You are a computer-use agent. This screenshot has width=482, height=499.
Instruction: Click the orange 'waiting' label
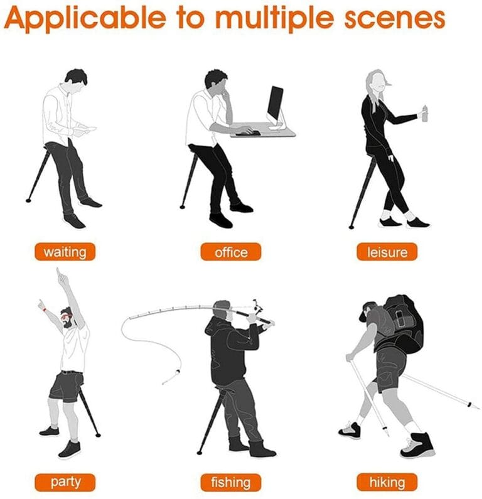click(x=65, y=252)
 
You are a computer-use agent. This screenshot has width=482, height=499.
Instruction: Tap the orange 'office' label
click(x=231, y=252)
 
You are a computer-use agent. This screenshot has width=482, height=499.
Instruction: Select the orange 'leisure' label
click(x=387, y=252)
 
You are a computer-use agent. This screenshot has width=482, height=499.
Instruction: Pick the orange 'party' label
click(x=65, y=482)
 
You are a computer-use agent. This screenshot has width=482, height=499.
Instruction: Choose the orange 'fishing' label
click(x=231, y=482)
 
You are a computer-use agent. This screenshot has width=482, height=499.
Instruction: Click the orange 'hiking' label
click(x=387, y=482)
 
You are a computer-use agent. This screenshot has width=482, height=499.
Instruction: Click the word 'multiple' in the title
click(x=274, y=18)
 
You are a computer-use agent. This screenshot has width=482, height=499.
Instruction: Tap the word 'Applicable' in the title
click(x=85, y=18)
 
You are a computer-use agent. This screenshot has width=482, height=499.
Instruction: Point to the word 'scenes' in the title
click(x=395, y=19)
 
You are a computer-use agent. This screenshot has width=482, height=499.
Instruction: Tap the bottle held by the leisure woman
click(x=424, y=113)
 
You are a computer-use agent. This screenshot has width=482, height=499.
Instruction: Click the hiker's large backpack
click(x=404, y=325)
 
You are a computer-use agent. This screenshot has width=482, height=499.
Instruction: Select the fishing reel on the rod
click(x=258, y=306)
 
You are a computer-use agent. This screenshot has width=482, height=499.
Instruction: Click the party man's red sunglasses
click(x=67, y=316)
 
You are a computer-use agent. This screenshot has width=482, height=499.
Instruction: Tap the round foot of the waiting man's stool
click(x=29, y=200)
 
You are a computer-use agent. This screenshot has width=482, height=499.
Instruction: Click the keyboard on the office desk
click(x=248, y=132)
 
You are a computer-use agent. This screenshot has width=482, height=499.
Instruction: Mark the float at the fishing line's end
click(x=178, y=372)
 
